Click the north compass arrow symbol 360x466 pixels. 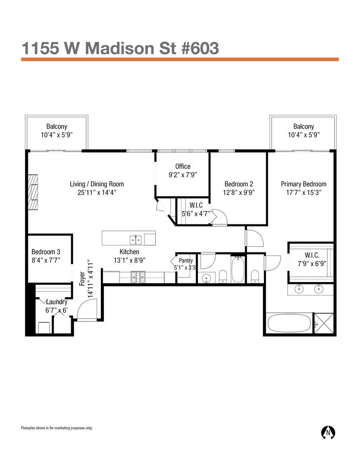pyautogui.click(x=329, y=431)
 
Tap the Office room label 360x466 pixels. pyautogui.click(x=183, y=167)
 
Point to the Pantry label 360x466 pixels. pyautogui.click(x=186, y=261)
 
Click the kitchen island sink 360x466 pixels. pyautogui.click(x=136, y=239)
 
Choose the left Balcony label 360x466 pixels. pyautogui.click(x=57, y=126)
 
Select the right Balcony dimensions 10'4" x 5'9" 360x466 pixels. pyautogui.click(x=304, y=135)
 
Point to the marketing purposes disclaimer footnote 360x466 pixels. pyautogui.click(x=57, y=428)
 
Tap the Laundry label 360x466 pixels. pyautogui.click(x=56, y=302)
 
